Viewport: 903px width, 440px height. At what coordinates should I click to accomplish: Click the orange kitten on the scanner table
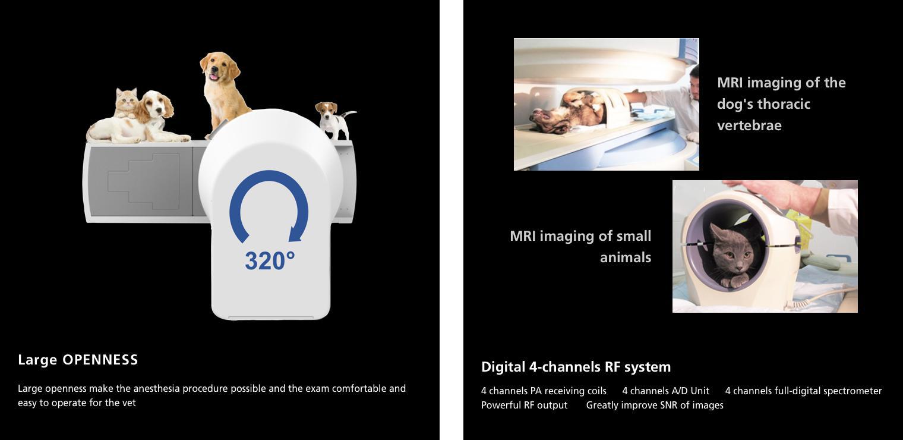click(x=127, y=103)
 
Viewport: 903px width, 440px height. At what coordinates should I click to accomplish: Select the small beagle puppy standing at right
click(x=334, y=120)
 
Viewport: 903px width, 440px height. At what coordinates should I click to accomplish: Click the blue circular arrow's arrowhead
click(x=295, y=234)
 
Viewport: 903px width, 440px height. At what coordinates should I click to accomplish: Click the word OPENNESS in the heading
click(x=100, y=359)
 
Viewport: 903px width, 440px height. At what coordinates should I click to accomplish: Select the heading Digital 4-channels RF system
click(x=576, y=367)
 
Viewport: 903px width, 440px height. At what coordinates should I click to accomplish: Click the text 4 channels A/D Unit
click(x=665, y=391)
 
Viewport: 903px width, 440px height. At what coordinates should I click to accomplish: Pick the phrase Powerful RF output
click(x=524, y=405)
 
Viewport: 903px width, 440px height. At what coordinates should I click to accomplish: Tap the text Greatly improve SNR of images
click(x=655, y=405)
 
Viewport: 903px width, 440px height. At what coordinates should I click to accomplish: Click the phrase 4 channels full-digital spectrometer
click(x=803, y=391)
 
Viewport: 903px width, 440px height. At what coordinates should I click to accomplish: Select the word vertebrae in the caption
click(x=749, y=125)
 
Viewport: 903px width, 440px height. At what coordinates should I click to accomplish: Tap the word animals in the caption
click(x=626, y=257)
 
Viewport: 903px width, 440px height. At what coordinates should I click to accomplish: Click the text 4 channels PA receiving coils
click(x=544, y=391)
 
